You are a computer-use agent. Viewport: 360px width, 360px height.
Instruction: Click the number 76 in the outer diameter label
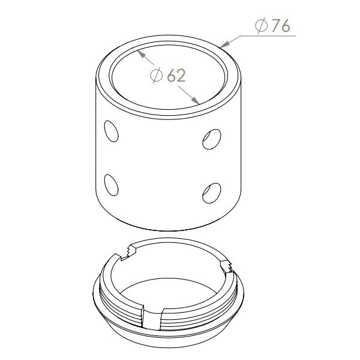[281, 26]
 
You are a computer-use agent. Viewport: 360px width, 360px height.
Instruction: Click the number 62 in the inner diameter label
[176, 76]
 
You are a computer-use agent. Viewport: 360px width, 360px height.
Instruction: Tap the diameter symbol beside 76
[261, 25]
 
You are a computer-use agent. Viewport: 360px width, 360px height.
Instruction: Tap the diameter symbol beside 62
[157, 75]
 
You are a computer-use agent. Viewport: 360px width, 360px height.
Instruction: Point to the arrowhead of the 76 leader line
[224, 44]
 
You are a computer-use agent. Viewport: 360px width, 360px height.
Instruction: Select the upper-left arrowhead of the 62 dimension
[141, 54]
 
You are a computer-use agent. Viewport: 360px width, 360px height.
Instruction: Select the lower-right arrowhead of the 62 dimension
[196, 101]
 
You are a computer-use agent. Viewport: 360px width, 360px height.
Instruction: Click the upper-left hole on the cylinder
[111, 131]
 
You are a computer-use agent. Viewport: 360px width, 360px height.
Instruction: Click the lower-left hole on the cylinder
[111, 185]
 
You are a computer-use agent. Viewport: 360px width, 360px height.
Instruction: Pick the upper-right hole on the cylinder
[212, 139]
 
